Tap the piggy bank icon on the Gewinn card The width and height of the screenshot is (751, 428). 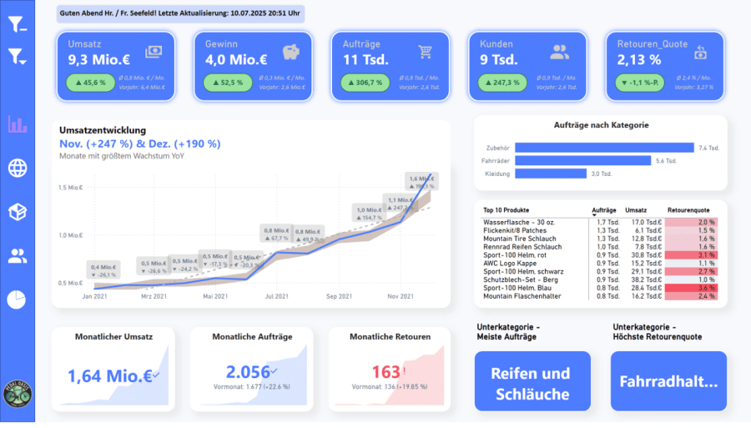tap(291, 52)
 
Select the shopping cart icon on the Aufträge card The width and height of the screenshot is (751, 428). tap(426, 52)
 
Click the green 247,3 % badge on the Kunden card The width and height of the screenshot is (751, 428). tap(502, 83)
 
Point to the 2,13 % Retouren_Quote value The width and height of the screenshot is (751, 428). tap(639, 59)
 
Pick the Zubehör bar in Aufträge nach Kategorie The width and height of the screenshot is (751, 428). tap(603, 148)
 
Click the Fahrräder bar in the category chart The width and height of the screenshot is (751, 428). tap(582, 160)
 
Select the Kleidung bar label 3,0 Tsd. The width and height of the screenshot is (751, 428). tap(600, 174)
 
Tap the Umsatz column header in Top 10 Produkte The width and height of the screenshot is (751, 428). tap(636, 209)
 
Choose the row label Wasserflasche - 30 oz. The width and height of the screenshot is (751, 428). tap(517, 223)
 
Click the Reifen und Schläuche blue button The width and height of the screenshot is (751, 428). tap(532, 383)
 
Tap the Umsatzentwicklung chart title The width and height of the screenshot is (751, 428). tap(103, 130)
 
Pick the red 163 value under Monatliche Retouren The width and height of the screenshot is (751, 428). tap(386, 372)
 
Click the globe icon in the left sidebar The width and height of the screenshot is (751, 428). tap(18, 168)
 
